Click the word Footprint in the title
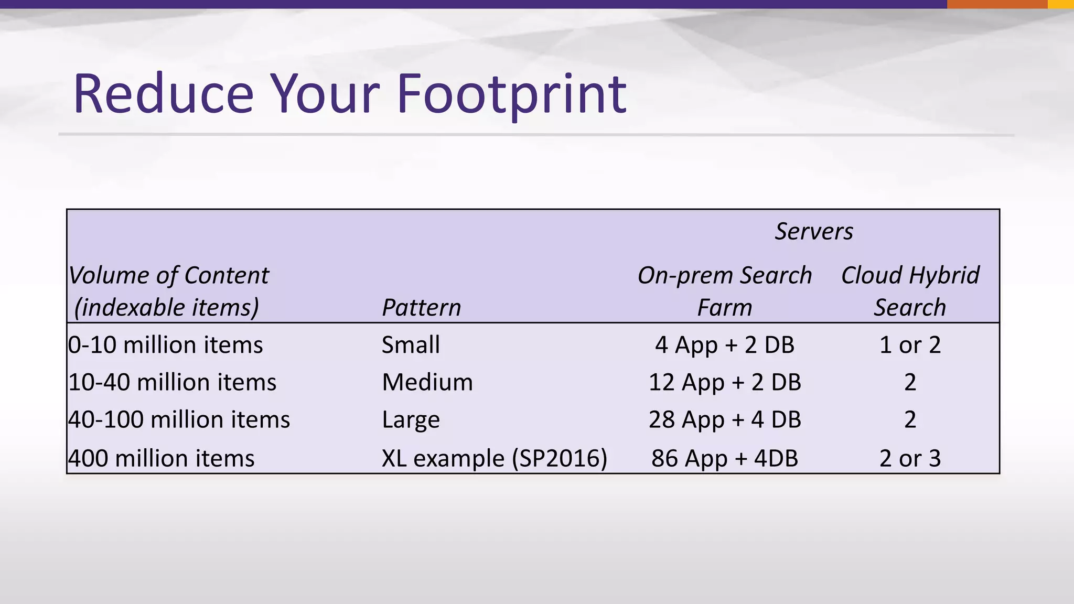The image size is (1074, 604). coord(511,94)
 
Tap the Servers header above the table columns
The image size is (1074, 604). coord(814,231)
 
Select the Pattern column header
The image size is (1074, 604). coord(421,307)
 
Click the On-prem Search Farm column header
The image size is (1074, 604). coord(725,291)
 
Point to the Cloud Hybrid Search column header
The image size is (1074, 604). coord(910,291)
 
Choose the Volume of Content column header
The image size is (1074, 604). coord(168,291)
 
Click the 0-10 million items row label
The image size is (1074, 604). coord(166,345)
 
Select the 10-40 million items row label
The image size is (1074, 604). coord(173,382)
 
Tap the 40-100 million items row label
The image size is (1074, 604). coord(179,419)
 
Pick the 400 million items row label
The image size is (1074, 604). coord(162,458)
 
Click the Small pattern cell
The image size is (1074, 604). coord(411,345)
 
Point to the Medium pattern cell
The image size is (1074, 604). coord(427,382)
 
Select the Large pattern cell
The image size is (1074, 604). coord(411,419)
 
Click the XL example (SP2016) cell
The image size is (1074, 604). coord(494,458)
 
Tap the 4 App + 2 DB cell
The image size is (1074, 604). coord(725,345)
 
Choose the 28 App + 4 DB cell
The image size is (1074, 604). coord(725,419)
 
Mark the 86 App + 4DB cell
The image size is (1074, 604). coord(725,458)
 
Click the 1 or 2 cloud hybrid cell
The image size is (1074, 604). coord(910,345)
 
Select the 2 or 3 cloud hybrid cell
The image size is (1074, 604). coord(910,458)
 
